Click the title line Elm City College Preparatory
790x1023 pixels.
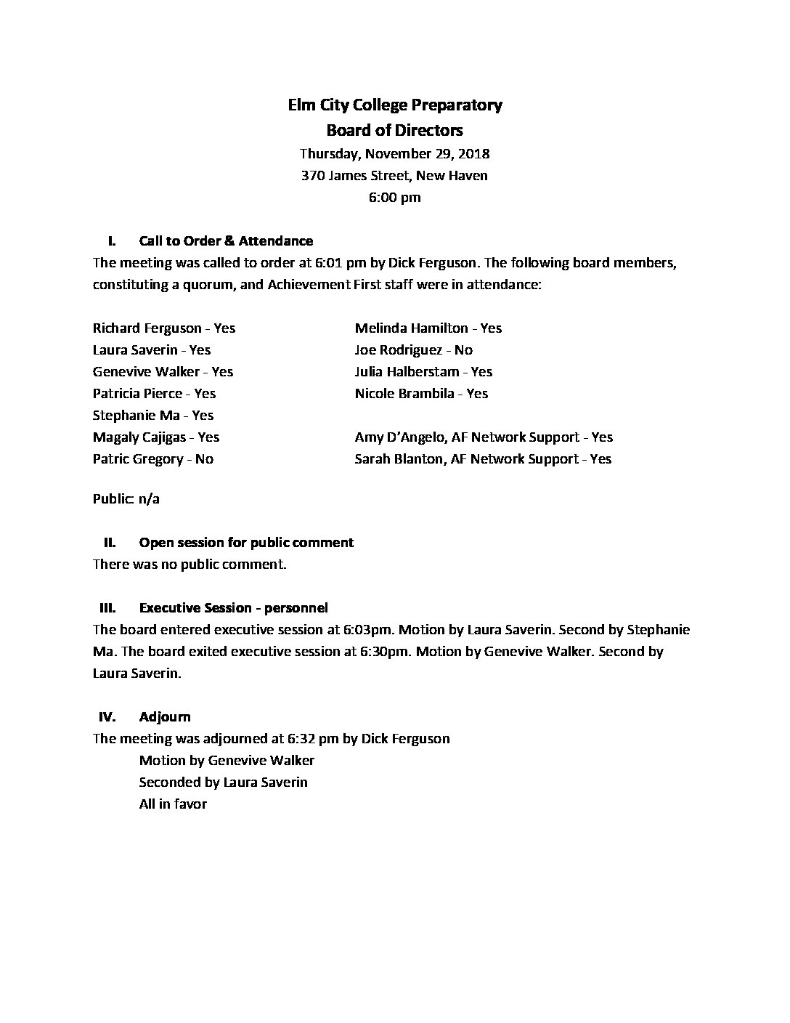[x=394, y=105]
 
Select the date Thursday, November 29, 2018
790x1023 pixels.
[x=394, y=154]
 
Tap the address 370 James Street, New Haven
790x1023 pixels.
[x=394, y=176]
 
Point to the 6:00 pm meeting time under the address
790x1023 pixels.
[x=394, y=198]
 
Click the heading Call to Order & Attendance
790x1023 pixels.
[x=226, y=241]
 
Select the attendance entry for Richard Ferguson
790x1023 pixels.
[x=164, y=328]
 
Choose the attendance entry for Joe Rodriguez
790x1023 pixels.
[x=413, y=350]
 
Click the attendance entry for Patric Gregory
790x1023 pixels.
[x=153, y=459]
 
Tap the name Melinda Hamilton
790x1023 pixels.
[x=411, y=328]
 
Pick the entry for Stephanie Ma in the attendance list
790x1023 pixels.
[x=153, y=416]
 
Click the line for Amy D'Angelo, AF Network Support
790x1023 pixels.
[x=484, y=437]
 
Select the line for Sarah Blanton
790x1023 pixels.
[x=483, y=459]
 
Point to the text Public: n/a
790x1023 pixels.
[x=126, y=499]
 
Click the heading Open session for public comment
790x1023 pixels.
[x=246, y=543]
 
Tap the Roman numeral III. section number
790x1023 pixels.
[x=107, y=608]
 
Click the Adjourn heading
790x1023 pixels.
[x=165, y=717]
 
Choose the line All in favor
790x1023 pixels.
[x=173, y=804]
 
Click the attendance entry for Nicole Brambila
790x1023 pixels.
[x=421, y=394]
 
